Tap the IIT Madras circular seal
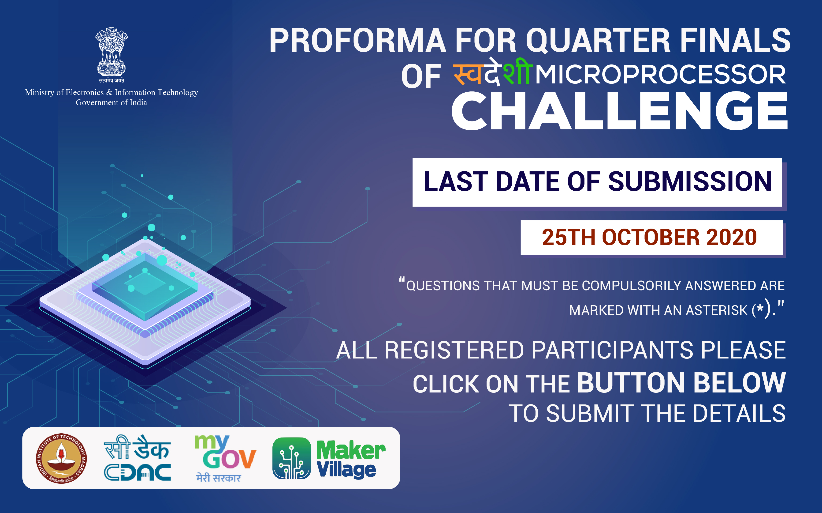[61, 458]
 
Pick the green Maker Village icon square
[291, 458]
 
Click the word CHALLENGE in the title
[620, 111]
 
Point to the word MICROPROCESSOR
[660, 75]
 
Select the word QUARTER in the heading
[598, 41]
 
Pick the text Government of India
[112, 102]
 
